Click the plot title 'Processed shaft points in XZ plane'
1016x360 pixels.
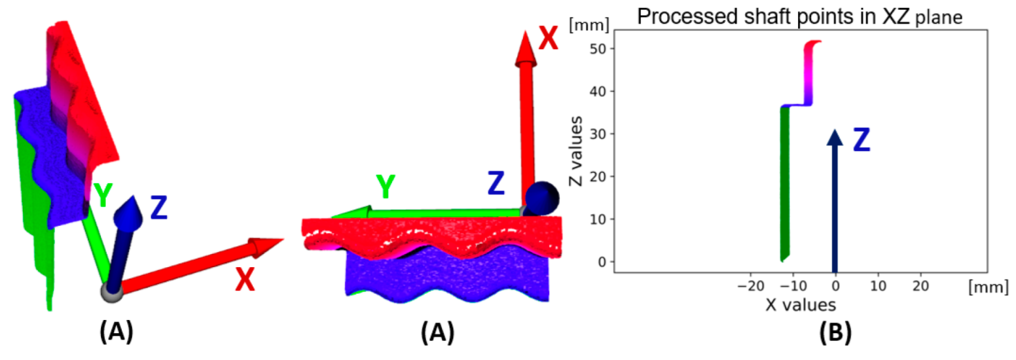[800, 17]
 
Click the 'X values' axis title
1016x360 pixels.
[801, 304]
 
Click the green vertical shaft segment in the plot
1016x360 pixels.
[785, 183]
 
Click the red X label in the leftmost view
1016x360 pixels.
[244, 281]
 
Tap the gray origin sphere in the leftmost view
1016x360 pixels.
[112, 292]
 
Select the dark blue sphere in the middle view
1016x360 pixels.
[543, 198]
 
